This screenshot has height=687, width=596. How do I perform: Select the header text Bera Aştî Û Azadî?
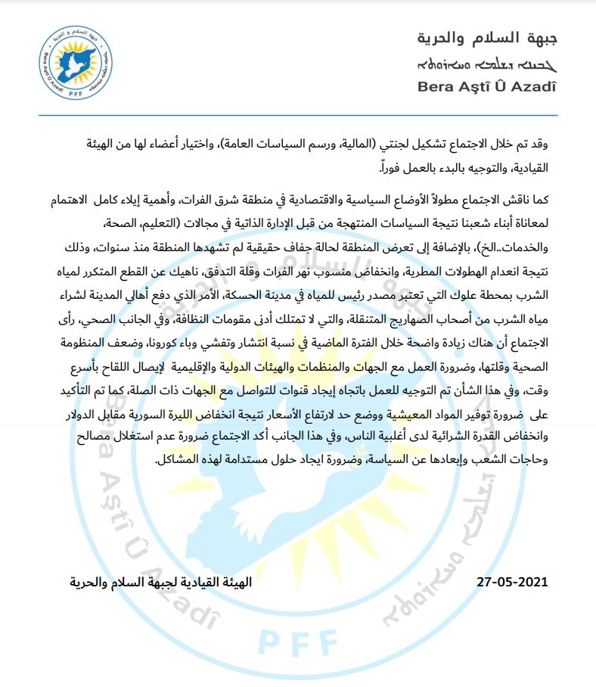tap(486, 86)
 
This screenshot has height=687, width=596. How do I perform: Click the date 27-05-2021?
tap(512, 583)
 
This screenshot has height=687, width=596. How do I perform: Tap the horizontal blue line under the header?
tap(298, 115)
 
